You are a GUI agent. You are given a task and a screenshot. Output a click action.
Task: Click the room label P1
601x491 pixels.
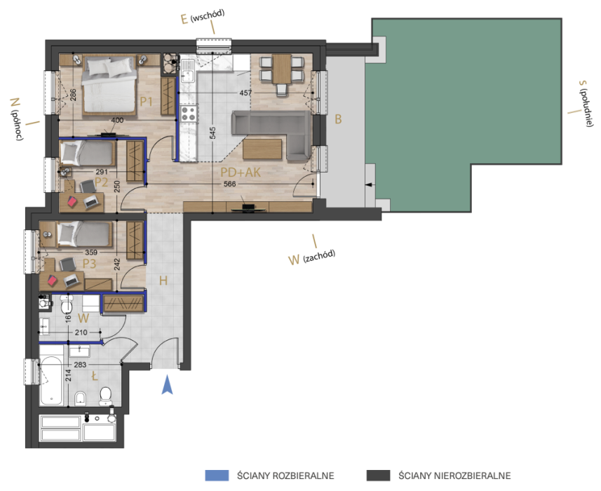point(146,102)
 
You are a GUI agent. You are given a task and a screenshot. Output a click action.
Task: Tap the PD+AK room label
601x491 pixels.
point(241,172)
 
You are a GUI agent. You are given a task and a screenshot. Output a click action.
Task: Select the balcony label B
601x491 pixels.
point(338,119)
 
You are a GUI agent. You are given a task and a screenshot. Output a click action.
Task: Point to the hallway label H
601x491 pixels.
point(163,281)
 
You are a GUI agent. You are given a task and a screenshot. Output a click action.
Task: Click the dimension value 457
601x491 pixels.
point(245,93)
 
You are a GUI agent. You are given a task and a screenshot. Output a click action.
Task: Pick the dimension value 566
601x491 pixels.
point(229,184)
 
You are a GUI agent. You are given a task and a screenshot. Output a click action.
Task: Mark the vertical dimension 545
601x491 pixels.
point(212,133)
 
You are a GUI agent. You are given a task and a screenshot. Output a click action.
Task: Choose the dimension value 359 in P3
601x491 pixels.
point(91,253)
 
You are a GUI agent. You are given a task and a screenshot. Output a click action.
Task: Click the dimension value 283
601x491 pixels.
point(80,365)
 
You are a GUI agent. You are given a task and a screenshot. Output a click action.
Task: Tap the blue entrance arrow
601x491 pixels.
point(167,385)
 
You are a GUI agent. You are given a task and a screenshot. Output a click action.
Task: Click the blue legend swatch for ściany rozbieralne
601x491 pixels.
point(217,476)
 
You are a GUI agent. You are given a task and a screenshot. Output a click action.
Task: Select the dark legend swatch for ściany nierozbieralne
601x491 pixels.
point(378,476)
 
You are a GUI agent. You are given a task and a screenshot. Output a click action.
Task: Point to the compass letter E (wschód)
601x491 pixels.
point(184,19)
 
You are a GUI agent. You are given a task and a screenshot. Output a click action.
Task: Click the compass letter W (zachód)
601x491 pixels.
point(294,260)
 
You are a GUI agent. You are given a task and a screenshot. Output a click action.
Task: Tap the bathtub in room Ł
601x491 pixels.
point(51,381)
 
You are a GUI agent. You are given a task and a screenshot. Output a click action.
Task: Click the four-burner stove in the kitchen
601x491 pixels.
point(189,114)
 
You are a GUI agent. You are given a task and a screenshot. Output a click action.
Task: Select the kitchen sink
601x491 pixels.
point(188,76)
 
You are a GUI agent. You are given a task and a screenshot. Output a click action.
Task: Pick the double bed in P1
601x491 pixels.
point(109,86)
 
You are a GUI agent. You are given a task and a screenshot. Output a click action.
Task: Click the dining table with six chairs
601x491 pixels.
point(282,72)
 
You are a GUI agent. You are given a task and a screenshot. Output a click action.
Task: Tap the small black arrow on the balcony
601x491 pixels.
point(369,184)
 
